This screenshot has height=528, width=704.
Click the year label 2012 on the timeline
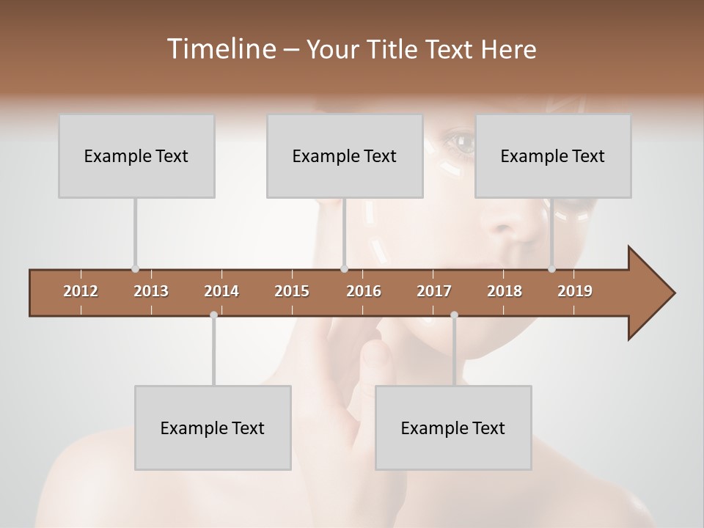[x=81, y=291]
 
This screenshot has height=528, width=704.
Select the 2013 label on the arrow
[x=151, y=291]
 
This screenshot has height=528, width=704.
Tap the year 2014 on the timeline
[x=221, y=291]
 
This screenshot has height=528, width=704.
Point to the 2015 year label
[x=292, y=291]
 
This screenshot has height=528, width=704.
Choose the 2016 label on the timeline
[x=364, y=291]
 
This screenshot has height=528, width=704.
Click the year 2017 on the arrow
[x=434, y=291]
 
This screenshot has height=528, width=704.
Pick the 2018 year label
[x=505, y=291]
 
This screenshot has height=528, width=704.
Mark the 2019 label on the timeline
[x=575, y=291]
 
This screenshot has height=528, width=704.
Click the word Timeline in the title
[x=219, y=49]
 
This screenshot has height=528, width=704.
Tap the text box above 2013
[x=136, y=156]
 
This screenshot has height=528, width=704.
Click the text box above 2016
[x=345, y=156]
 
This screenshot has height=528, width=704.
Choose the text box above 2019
[x=553, y=156]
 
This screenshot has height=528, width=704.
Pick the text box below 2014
[x=213, y=428]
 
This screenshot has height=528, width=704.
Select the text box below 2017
[x=453, y=428]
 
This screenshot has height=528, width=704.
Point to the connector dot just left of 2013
[x=135, y=269]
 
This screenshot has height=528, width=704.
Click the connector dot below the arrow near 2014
[x=213, y=315]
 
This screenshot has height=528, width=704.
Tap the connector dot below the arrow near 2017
[x=454, y=315]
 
